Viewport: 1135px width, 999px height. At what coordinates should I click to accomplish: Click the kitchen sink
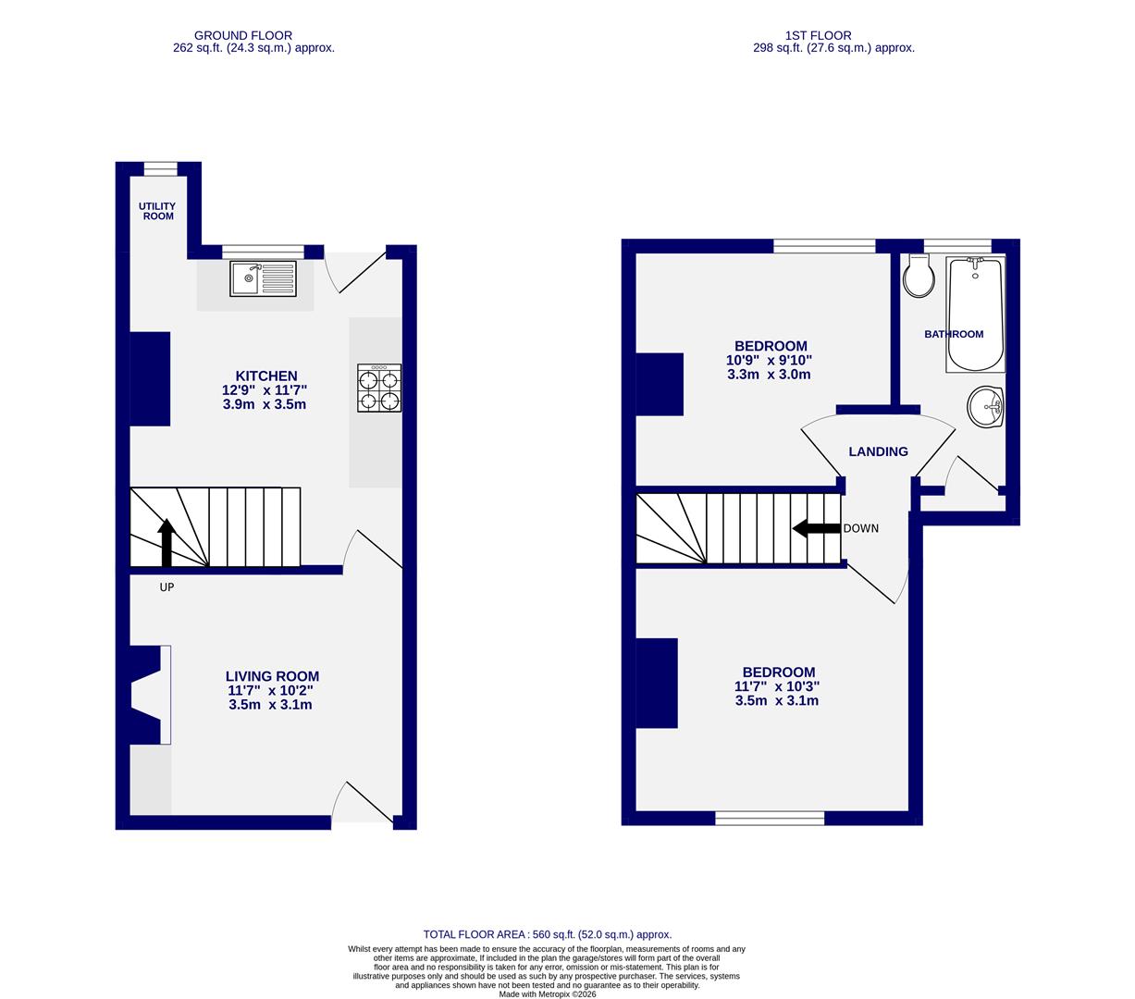click(x=263, y=278)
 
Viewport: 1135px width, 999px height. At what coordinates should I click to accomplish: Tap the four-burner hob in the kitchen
click(x=379, y=388)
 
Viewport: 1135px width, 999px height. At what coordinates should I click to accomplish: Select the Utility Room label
click(x=157, y=212)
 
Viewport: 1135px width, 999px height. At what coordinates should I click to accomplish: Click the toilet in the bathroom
click(x=919, y=277)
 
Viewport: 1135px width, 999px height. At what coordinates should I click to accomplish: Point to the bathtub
click(x=975, y=315)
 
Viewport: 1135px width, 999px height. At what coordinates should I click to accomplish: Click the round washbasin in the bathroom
click(x=986, y=407)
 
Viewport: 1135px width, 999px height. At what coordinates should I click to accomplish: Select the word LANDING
click(x=878, y=451)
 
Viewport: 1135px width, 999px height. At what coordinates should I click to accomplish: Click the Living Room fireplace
click(x=148, y=695)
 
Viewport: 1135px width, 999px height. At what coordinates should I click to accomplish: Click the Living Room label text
click(x=272, y=676)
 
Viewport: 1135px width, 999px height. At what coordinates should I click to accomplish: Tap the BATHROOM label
click(x=954, y=334)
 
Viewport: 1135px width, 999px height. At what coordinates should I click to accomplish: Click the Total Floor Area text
click(x=547, y=934)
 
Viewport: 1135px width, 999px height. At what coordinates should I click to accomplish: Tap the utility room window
click(x=160, y=168)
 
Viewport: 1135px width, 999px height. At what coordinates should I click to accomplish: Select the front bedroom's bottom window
click(x=770, y=818)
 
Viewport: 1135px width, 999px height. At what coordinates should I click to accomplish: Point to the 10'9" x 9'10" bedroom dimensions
click(x=769, y=360)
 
